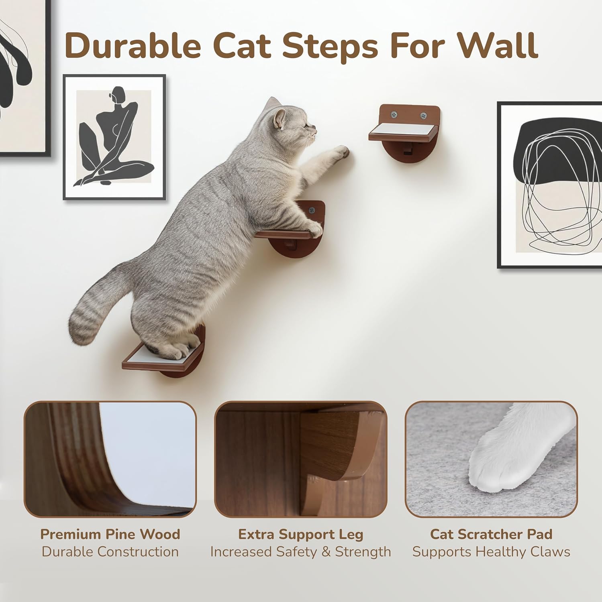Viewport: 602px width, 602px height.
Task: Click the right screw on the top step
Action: pyautogui.click(x=423, y=116)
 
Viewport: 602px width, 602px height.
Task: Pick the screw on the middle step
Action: pyautogui.click(x=311, y=210)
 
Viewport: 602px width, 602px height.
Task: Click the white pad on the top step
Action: pyautogui.click(x=402, y=129)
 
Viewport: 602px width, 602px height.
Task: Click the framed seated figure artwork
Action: pyautogui.click(x=114, y=137)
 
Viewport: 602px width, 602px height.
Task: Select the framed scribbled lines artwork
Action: pyautogui.click(x=550, y=185)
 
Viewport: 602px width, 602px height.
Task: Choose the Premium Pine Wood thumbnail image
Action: pyautogui.click(x=110, y=459)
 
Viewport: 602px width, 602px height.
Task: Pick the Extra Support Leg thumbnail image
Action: pyautogui.click(x=301, y=459)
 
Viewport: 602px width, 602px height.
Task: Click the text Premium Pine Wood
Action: pyautogui.click(x=110, y=534)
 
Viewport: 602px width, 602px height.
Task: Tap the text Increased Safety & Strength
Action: pyautogui.click(x=301, y=552)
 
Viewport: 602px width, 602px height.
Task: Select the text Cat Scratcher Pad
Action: pyautogui.click(x=491, y=534)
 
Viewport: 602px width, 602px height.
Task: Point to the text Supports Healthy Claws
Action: pyautogui.click(x=491, y=552)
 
